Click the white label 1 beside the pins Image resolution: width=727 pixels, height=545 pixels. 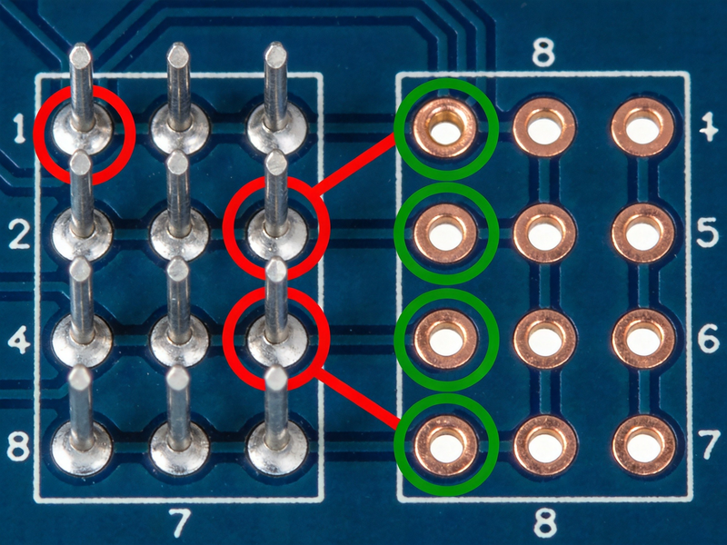pyautogui.click(x=18, y=128)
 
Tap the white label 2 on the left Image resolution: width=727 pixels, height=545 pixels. pyautogui.click(x=19, y=234)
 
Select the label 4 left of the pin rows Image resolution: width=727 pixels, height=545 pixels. pyautogui.click(x=19, y=342)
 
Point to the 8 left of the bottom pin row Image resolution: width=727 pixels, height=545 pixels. pyautogui.click(x=17, y=446)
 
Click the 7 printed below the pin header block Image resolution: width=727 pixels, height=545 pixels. pyautogui.click(x=179, y=522)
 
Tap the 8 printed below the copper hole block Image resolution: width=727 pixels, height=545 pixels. pyautogui.click(x=544, y=522)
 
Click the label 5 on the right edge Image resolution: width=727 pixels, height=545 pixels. pyautogui.click(x=708, y=234)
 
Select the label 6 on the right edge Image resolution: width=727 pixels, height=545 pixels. pyautogui.click(x=708, y=340)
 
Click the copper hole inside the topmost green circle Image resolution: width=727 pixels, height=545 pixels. pyautogui.click(x=445, y=127)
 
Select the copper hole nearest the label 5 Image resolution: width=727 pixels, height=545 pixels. pyautogui.click(x=643, y=234)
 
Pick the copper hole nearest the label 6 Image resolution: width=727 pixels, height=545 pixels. pyautogui.click(x=643, y=340)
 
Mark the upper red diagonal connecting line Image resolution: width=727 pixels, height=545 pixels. pyautogui.click(x=354, y=163)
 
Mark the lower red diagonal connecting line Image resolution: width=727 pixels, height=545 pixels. pyautogui.click(x=357, y=396)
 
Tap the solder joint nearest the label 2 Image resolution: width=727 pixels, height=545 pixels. pyautogui.click(x=82, y=235)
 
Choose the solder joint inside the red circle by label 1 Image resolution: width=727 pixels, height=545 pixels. pyautogui.click(x=83, y=130)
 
